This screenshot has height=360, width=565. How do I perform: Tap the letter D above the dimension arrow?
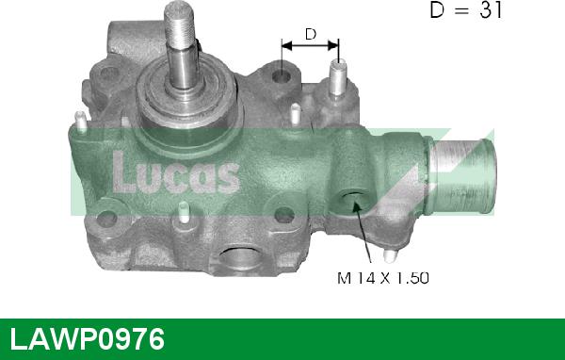tap(309, 35)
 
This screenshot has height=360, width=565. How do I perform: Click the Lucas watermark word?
tap(176, 172)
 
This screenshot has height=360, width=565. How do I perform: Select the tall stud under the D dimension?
tap(337, 75)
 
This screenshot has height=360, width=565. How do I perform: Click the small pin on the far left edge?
tap(82, 121)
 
